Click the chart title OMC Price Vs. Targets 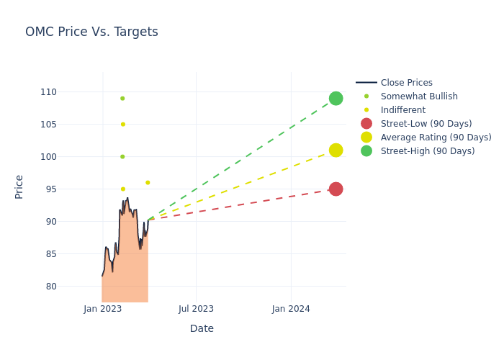pyautogui.click(x=91, y=32)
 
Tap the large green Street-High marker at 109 pyautogui.click(x=336, y=99)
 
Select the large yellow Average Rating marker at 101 pyautogui.click(x=336, y=150)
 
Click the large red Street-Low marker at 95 pyautogui.click(x=336, y=189)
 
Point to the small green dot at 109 pyautogui.click(x=122, y=99)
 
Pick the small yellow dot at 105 pyautogui.click(x=122, y=125)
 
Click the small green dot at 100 pyautogui.click(x=122, y=157)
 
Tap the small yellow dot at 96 pyautogui.click(x=148, y=183)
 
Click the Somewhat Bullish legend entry pyautogui.click(x=419, y=96)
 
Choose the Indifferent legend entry pyautogui.click(x=402, y=110)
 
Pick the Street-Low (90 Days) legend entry pyautogui.click(x=426, y=124)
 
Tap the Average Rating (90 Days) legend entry pyautogui.click(x=436, y=138)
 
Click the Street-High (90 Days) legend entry pyautogui.click(x=428, y=151)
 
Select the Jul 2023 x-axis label pyautogui.click(x=196, y=310)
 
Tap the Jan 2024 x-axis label pyautogui.click(x=291, y=310)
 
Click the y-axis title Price pyautogui.click(x=19, y=186)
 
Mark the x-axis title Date pyautogui.click(x=202, y=329)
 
